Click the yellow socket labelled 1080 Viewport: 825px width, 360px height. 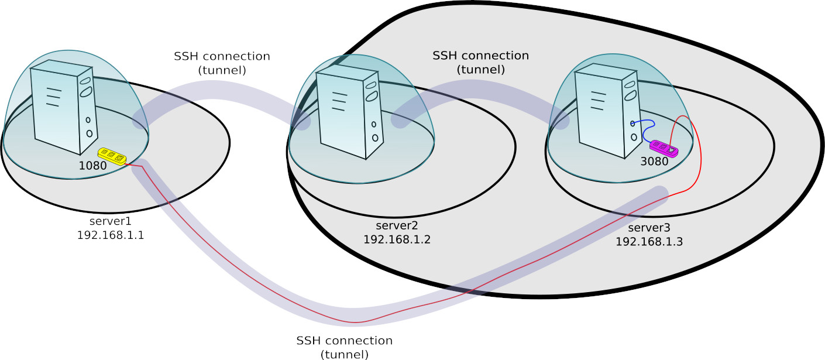111,156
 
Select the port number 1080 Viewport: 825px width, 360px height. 92,166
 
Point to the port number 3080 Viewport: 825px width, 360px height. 654,162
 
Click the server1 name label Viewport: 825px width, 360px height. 110,222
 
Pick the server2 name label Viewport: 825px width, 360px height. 397,225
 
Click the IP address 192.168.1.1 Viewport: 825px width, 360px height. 110,235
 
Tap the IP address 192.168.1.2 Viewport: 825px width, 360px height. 397,239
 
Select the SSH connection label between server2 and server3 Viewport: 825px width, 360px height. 480,62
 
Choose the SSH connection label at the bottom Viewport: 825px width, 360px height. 345,347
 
